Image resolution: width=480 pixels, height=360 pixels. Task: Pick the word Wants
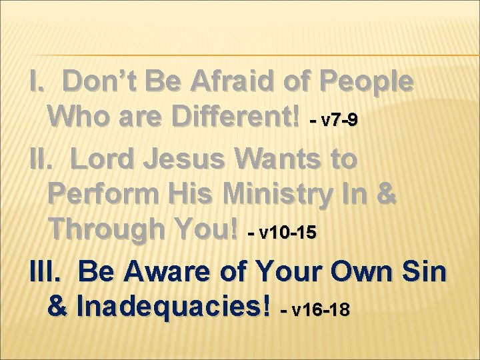[285, 160]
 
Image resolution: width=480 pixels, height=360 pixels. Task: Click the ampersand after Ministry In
[386, 195]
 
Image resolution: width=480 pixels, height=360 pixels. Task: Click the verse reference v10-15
[287, 233]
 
